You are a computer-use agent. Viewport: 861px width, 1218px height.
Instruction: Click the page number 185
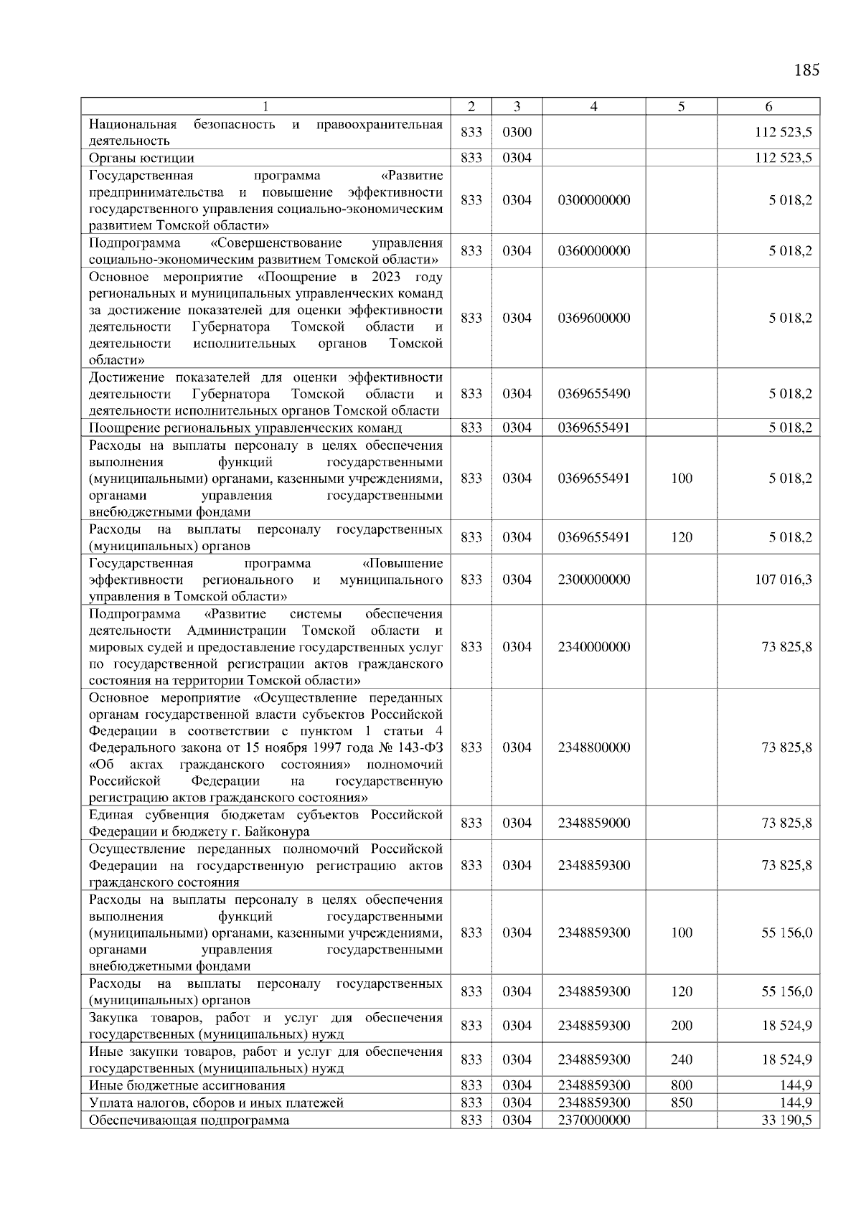point(806,70)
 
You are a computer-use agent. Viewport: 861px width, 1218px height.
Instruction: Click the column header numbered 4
point(593,106)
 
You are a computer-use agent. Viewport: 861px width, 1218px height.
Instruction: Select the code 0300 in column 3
point(517,133)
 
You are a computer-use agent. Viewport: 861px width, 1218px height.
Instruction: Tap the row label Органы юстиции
point(141,158)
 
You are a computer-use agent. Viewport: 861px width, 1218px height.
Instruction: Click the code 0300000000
point(593,200)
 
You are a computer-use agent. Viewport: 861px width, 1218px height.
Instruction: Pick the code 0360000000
point(593,251)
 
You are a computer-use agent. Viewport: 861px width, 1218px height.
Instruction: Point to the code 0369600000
point(593,318)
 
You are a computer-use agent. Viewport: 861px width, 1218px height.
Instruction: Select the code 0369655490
point(593,394)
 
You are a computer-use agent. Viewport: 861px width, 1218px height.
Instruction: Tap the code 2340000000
point(593,647)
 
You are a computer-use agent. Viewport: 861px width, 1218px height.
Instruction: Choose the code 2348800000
point(593,747)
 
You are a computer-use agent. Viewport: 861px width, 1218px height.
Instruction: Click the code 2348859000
point(593,823)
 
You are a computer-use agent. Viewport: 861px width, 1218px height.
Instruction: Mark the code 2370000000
point(593,1120)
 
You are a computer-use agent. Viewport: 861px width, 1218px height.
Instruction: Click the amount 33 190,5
point(786,1120)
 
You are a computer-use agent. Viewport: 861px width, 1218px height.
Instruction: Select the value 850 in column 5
point(681,1103)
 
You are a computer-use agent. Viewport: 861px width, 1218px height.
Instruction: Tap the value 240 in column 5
point(681,1059)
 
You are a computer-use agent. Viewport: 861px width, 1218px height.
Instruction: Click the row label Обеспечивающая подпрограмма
point(189,1120)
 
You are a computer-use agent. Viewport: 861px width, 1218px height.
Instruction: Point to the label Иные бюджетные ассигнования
point(187,1085)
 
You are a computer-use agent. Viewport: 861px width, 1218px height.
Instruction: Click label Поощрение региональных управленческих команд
point(245,428)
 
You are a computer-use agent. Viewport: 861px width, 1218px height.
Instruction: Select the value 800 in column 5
point(681,1085)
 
